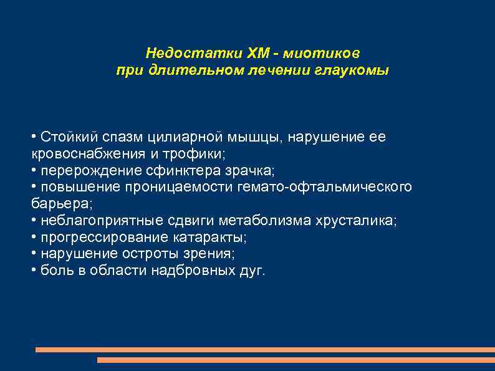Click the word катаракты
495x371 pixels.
(x=206, y=238)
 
